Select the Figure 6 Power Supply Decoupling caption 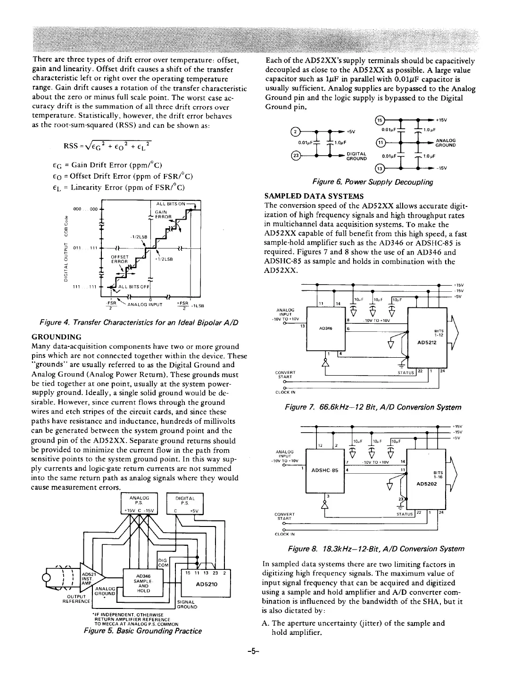[x=372, y=182]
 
